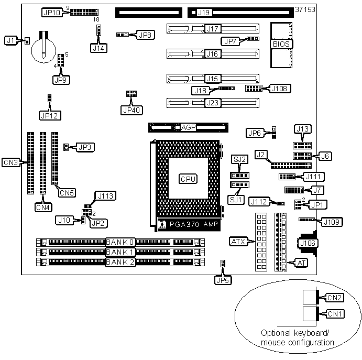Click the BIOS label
[281, 44]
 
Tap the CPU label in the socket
[188, 179]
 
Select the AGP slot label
[188, 127]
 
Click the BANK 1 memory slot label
[120, 252]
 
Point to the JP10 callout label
[52, 12]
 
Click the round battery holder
[43, 50]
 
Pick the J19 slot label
[204, 13]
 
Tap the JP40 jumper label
[131, 110]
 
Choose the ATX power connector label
[238, 242]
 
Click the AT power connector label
[302, 263]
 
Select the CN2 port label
[334, 298]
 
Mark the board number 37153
[305, 9]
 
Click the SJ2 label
[239, 159]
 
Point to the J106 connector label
[308, 243]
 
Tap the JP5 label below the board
[223, 280]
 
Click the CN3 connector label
[10, 162]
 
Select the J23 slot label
[213, 103]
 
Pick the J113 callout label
[105, 196]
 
